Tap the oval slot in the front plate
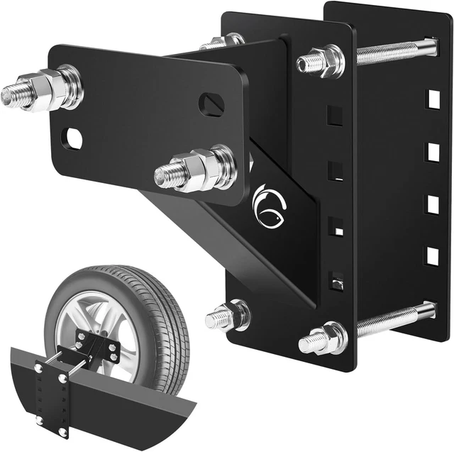pos(211,104)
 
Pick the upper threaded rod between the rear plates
pos(390,51)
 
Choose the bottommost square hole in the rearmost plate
pos(431,255)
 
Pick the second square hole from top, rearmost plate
pos(431,151)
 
